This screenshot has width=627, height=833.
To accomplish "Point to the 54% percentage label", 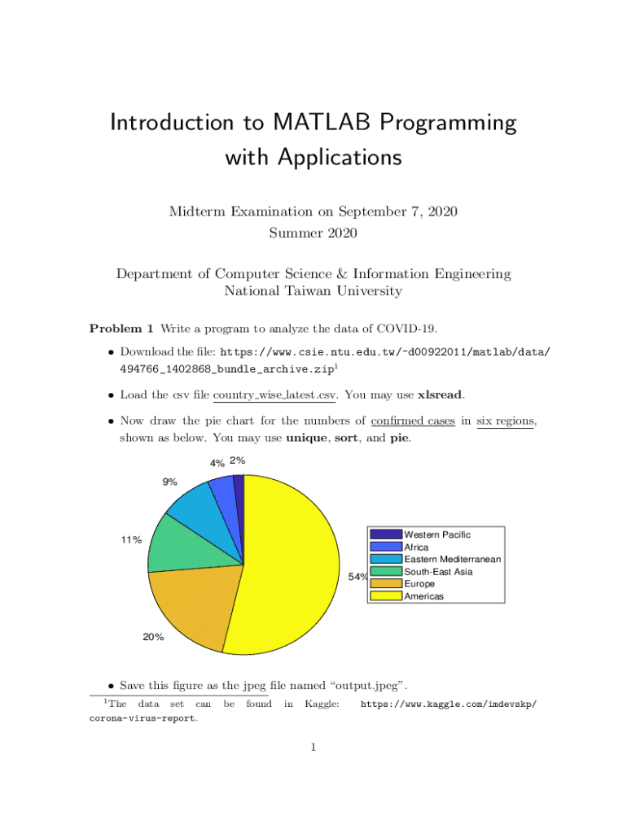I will (357, 578).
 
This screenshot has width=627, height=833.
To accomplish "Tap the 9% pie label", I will (169, 482).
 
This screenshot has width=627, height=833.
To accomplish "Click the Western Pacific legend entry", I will (437, 534).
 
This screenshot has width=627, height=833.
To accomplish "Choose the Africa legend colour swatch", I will (386, 547).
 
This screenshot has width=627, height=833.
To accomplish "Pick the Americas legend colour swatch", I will (386, 595).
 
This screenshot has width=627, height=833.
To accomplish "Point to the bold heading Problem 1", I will (121, 329).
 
